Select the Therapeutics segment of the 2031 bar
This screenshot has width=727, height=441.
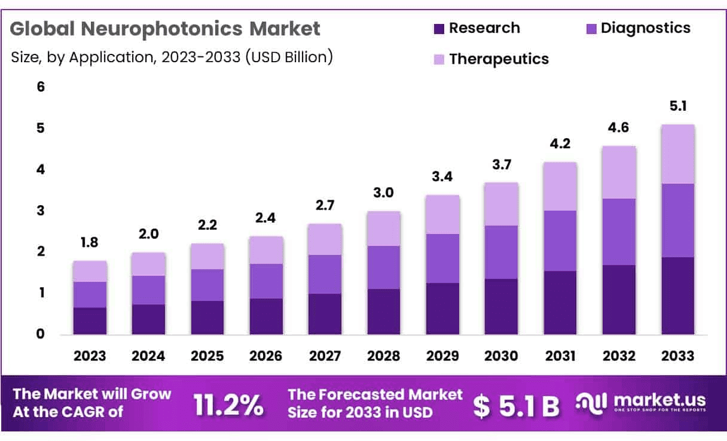click(560, 186)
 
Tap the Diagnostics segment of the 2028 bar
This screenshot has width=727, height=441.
click(383, 267)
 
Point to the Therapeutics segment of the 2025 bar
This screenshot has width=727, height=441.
click(207, 256)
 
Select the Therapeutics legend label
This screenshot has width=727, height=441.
click(499, 59)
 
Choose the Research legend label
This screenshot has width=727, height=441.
click(484, 28)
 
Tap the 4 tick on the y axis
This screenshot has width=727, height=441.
click(41, 169)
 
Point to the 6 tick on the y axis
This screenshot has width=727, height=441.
click(41, 87)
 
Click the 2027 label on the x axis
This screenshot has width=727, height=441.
click(325, 356)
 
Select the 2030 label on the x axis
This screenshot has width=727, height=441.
click(501, 356)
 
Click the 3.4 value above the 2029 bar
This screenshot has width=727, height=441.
click(442, 177)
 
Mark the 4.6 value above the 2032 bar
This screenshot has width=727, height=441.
click(619, 127)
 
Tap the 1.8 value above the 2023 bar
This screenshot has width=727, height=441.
click(90, 244)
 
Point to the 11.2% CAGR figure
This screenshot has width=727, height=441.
click(228, 405)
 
